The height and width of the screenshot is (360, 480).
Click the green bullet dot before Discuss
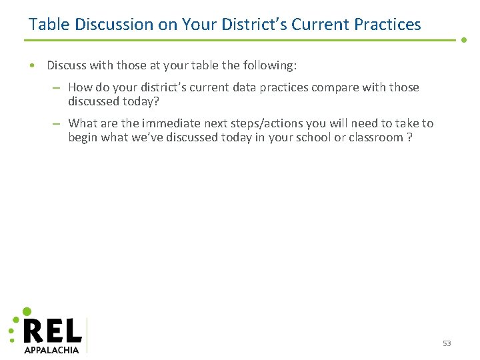[x=32, y=65]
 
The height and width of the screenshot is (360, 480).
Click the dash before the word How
[x=57, y=87]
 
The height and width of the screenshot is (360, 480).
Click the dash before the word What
[x=57, y=123]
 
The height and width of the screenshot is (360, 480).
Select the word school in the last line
[x=307, y=137]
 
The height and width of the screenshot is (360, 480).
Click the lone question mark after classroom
[x=409, y=137]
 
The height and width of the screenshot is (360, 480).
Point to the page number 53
[x=447, y=343]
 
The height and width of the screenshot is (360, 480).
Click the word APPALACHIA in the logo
[x=51, y=349]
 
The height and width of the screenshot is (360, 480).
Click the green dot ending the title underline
[x=464, y=39]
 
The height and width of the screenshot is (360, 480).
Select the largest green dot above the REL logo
[x=27, y=311]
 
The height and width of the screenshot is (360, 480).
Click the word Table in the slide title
[x=49, y=25]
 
